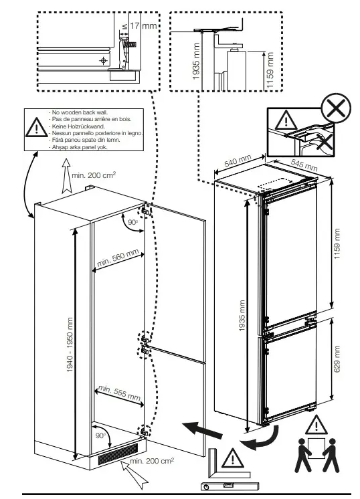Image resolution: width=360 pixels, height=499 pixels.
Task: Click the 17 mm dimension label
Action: [144, 25]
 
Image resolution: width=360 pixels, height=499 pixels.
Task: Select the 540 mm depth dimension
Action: [238, 161]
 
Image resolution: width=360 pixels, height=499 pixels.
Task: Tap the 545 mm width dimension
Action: [304, 165]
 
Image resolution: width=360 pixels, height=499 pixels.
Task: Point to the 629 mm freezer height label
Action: [337, 359]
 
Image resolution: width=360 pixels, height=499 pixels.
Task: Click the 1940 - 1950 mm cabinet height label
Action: [70, 344]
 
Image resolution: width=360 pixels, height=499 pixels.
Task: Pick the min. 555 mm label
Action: [119, 393]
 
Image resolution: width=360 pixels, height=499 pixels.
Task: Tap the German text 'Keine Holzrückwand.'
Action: [78, 126]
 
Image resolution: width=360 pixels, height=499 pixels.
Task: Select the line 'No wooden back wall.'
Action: [80, 112]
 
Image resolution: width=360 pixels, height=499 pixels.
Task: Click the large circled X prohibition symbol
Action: [336, 108]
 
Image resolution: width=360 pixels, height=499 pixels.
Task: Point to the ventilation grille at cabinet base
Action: [118, 454]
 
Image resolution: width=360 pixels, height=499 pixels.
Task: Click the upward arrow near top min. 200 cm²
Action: [66, 176]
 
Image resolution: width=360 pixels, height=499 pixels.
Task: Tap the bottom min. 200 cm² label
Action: [152, 461]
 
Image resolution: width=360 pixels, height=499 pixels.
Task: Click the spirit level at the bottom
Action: [230, 486]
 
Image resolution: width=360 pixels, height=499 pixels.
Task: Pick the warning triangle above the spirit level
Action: [233, 458]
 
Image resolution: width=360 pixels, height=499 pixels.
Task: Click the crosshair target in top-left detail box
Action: [104, 60]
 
